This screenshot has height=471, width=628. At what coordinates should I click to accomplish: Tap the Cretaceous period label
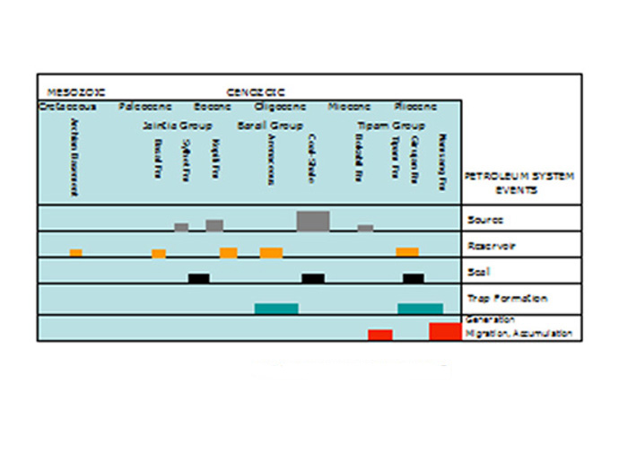(62, 106)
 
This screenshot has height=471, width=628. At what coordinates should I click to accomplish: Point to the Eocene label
(213, 106)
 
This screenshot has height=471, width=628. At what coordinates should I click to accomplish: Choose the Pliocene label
(414, 106)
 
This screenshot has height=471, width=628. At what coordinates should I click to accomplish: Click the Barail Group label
(270, 126)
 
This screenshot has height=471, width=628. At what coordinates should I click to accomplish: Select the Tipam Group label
(391, 126)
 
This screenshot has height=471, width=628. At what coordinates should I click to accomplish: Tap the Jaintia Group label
(178, 126)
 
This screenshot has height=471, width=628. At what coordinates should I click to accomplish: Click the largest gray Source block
(313, 221)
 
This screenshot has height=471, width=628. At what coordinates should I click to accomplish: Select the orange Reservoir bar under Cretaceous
(76, 253)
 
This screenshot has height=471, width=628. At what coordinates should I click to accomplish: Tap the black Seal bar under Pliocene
(414, 278)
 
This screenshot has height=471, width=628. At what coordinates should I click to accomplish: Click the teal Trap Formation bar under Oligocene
(276, 309)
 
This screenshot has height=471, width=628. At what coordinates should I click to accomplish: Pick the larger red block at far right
(445, 331)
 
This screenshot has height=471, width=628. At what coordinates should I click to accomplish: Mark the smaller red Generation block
(380, 335)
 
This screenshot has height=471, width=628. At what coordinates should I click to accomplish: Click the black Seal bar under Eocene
(199, 278)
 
